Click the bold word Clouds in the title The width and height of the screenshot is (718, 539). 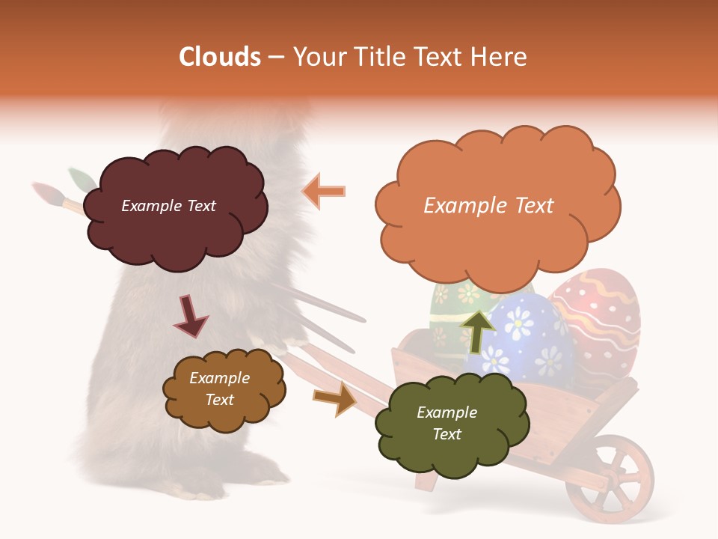(220, 56)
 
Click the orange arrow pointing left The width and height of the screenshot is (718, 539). (324, 191)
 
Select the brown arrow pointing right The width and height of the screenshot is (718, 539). (335, 398)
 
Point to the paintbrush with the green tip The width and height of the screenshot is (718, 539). (81, 180)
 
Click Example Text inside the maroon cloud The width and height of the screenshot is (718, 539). (168, 206)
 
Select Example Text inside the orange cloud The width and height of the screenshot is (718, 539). (488, 205)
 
